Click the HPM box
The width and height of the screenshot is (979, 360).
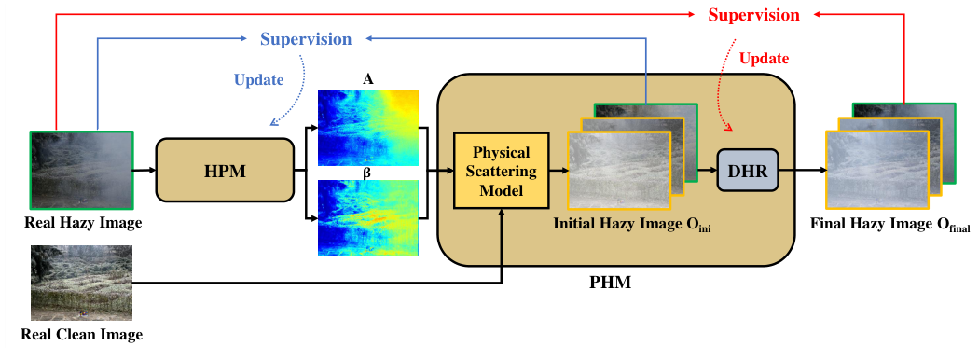[224, 172]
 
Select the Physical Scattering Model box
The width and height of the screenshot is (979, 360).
[501, 171]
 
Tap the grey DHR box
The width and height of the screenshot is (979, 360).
[747, 171]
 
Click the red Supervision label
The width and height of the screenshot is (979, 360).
[753, 15]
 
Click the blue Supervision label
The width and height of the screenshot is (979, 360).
[306, 39]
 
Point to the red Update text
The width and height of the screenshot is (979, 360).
[764, 59]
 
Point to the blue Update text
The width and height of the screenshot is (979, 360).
[258, 80]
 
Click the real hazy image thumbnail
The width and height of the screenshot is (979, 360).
[82, 171]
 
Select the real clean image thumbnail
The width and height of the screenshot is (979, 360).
[82, 284]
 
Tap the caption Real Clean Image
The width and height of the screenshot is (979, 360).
[82, 334]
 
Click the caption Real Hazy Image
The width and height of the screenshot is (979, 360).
[82, 224]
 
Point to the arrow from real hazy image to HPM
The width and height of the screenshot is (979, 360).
[145, 172]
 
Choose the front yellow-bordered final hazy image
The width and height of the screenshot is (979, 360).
[877, 171]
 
